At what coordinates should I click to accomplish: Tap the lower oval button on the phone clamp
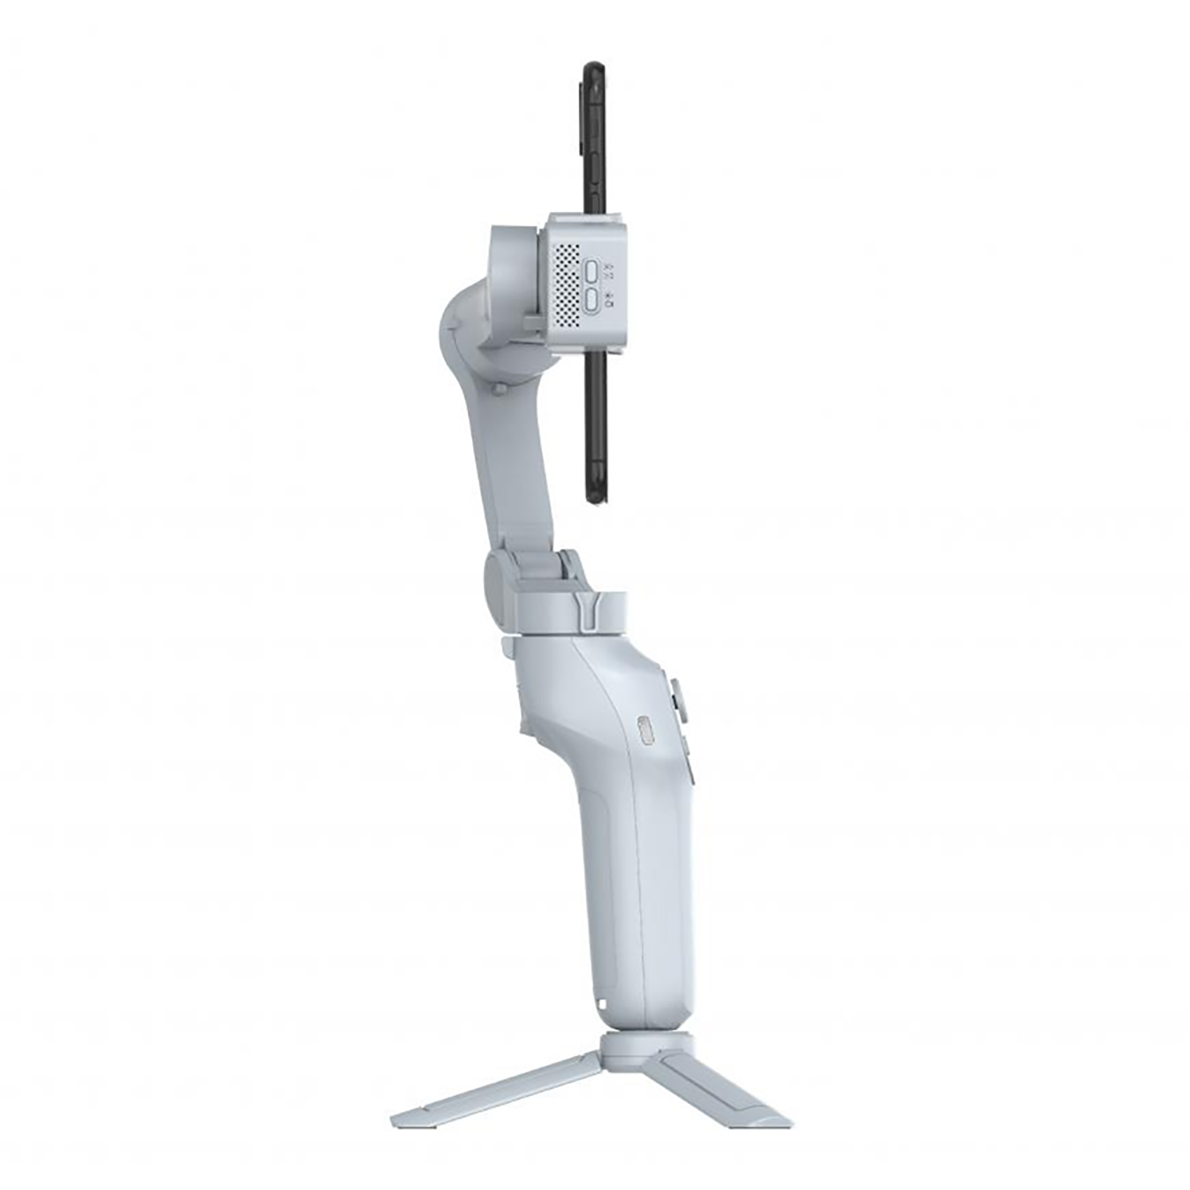592,300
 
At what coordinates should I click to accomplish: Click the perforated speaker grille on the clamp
566,284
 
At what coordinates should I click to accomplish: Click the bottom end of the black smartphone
595,502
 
